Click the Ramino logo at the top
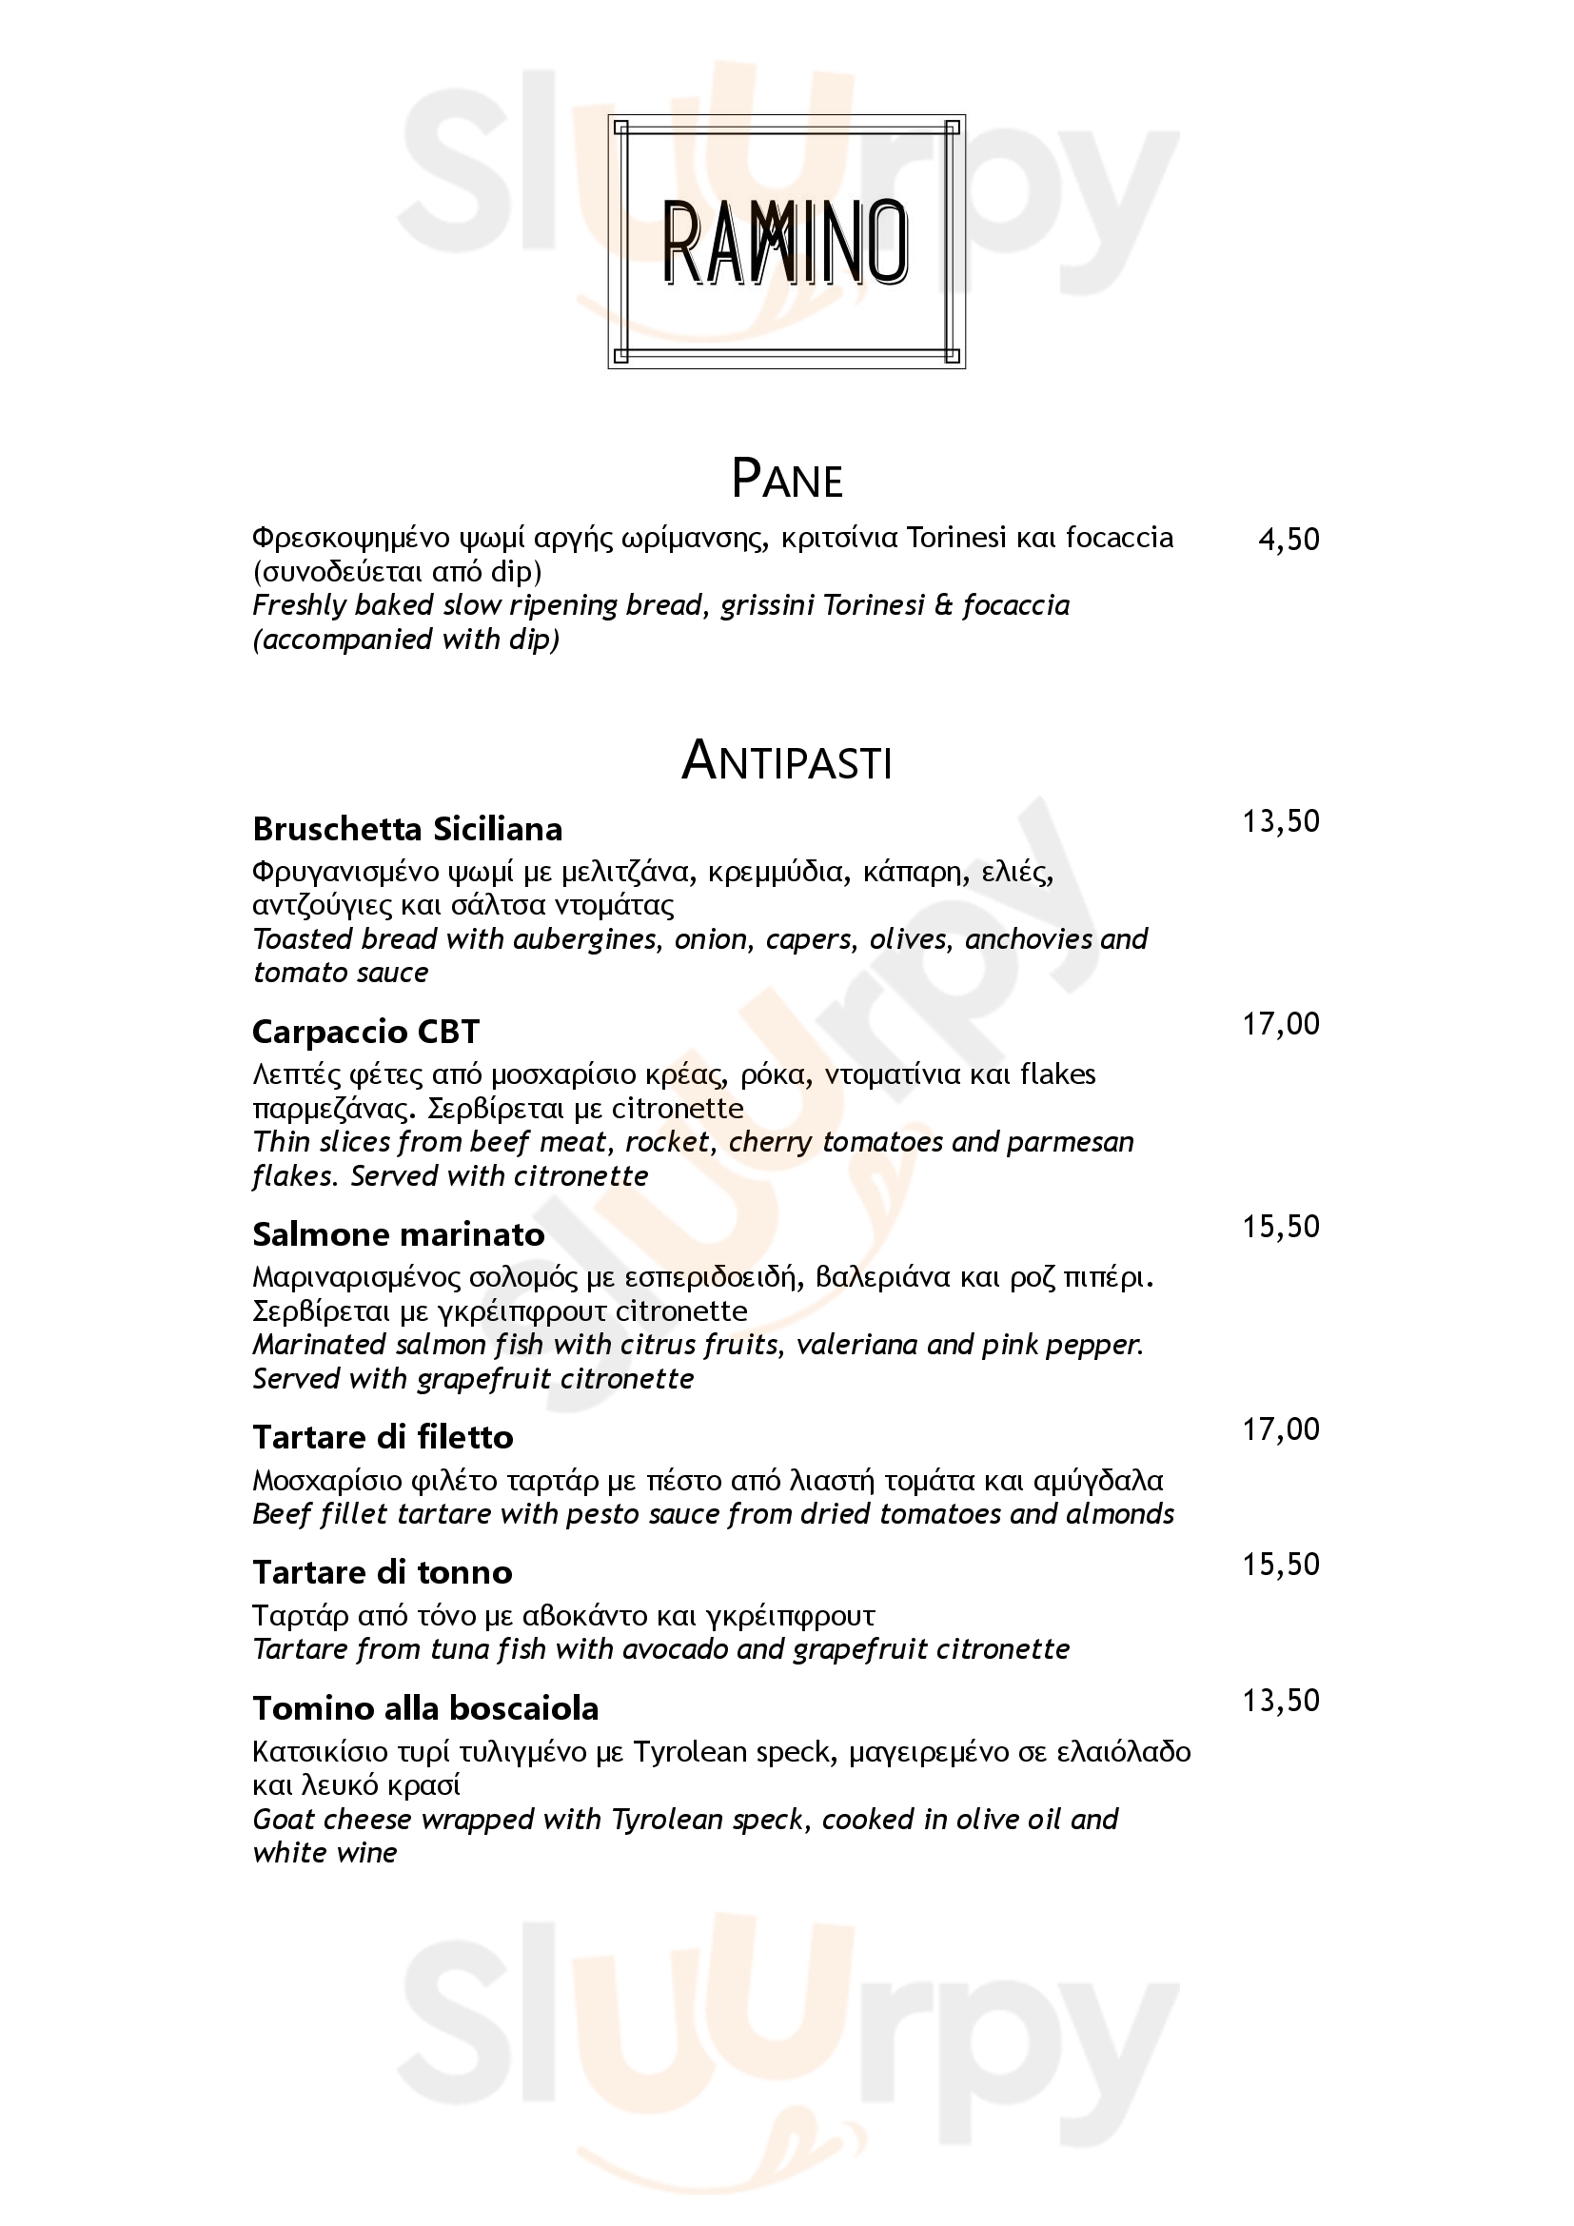[x=786, y=242]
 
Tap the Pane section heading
[x=786, y=479]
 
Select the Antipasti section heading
[x=786, y=761]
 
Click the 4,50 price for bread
[x=1289, y=539]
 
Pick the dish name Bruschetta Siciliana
[x=407, y=829]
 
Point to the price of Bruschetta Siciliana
[x=1280, y=821]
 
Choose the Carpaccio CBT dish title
[x=365, y=1032]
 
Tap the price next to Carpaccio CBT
[x=1280, y=1024]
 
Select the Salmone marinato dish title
[x=399, y=1234]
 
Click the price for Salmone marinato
[x=1280, y=1227]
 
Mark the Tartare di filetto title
[x=383, y=1437]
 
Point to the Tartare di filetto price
[x=1280, y=1429]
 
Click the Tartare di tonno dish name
[x=382, y=1571]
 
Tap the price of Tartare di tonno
[x=1280, y=1564]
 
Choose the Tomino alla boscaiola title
[x=425, y=1707]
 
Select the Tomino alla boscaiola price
[x=1280, y=1700]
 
